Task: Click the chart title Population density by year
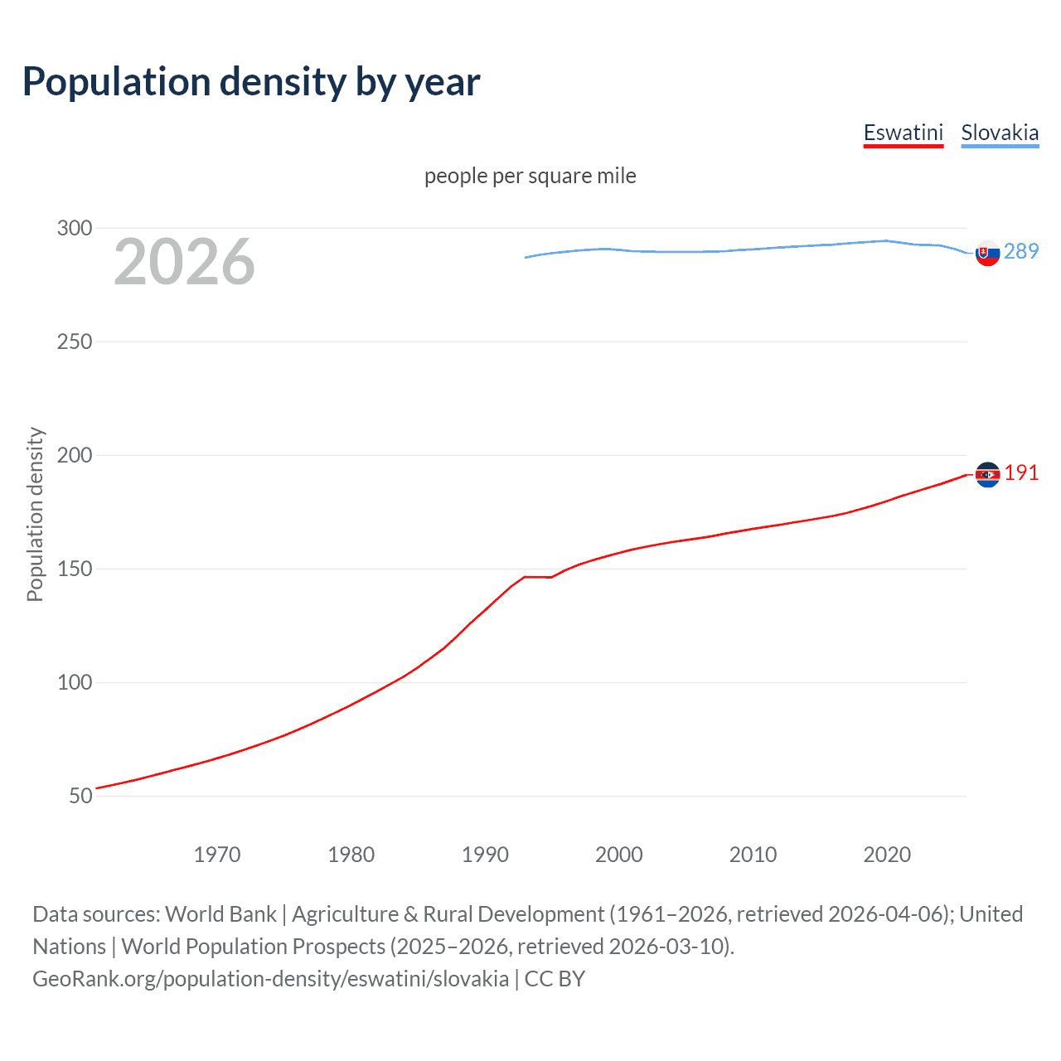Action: [x=251, y=82]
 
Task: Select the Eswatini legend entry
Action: [x=903, y=133]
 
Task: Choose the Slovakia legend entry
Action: [x=999, y=133]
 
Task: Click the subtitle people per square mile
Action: [x=530, y=176]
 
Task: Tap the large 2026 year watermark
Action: [x=184, y=262]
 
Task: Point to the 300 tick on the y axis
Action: [x=75, y=228]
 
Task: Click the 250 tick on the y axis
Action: [x=75, y=342]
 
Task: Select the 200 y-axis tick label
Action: [x=75, y=455]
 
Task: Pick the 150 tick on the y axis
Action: [x=75, y=569]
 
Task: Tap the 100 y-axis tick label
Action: [x=75, y=682]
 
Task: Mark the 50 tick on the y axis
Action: [x=80, y=796]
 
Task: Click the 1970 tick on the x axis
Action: [x=217, y=855]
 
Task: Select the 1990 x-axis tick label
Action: [x=485, y=855]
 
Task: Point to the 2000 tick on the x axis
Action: [x=619, y=855]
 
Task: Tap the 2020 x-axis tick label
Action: [x=887, y=855]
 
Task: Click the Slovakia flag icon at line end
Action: [x=987, y=253]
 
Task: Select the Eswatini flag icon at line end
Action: [x=987, y=474]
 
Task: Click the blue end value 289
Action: [x=1021, y=251]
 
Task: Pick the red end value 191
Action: [x=1021, y=472]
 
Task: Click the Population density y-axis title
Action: [x=35, y=514]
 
